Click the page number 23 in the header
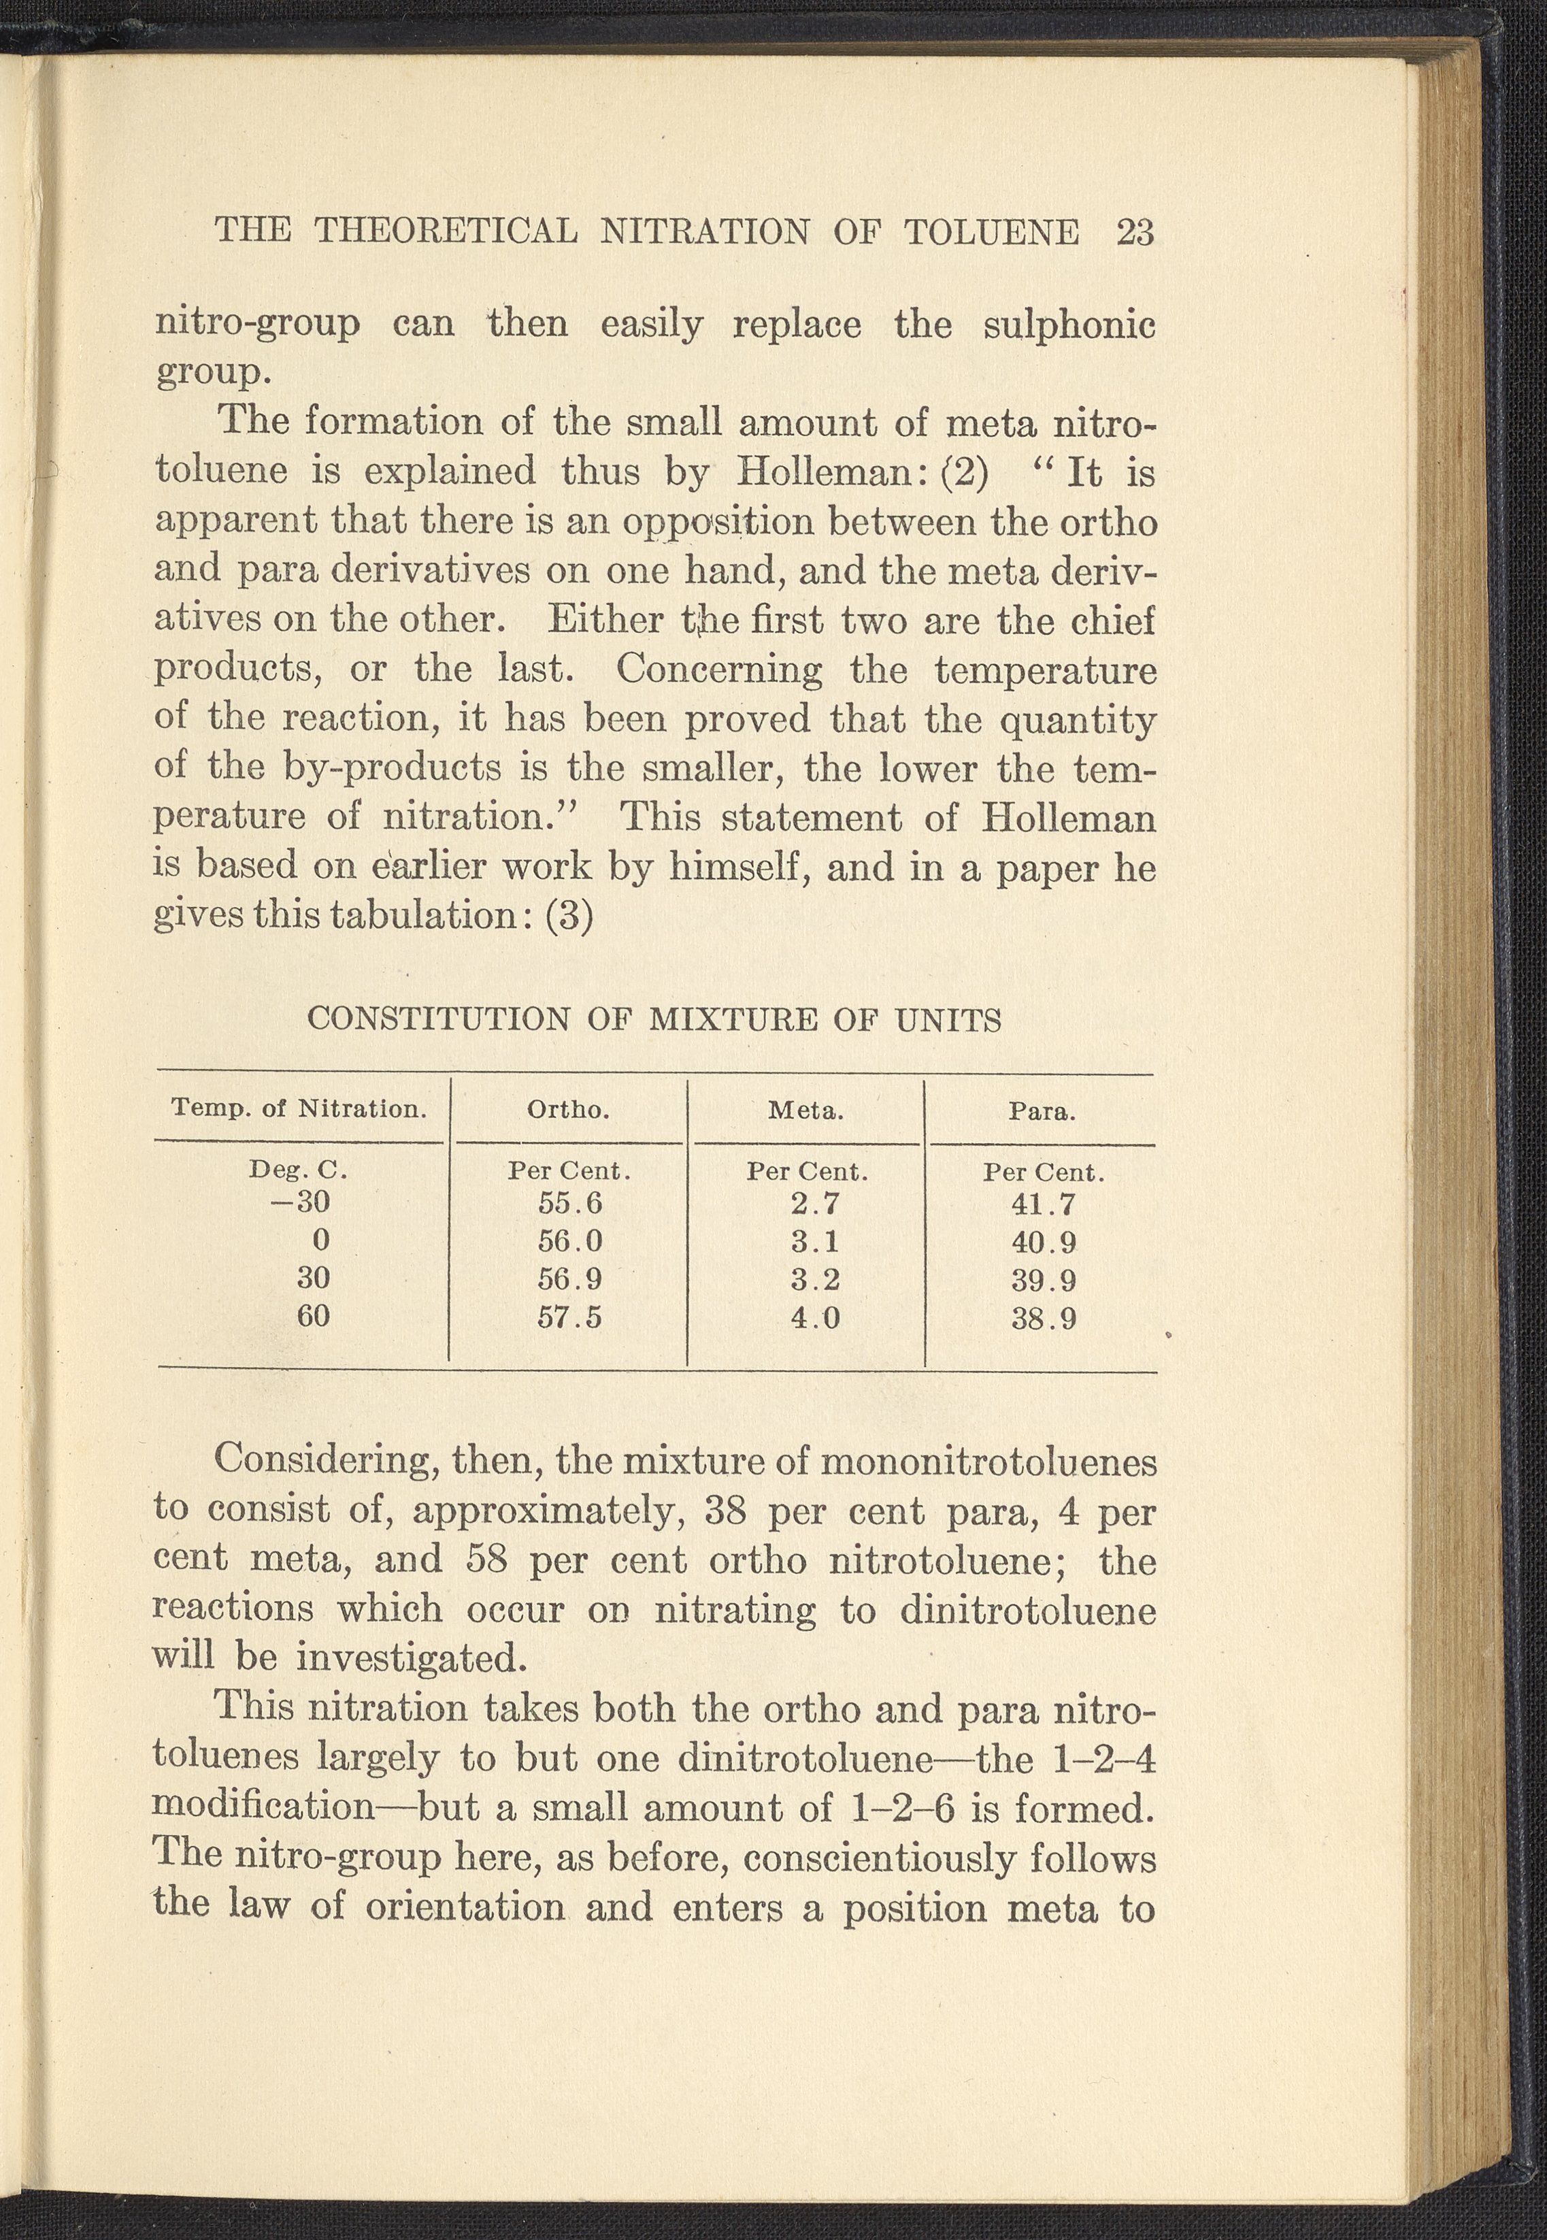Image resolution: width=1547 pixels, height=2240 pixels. (1134, 233)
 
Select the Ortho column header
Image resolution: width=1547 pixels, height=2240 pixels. (568, 1110)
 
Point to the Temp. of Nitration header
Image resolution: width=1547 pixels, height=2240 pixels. (299, 1108)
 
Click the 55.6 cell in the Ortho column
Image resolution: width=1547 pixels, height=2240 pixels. (570, 1204)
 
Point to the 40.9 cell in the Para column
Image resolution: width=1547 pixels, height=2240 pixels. (1044, 1242)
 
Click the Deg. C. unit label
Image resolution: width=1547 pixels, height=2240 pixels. (299, 1170)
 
